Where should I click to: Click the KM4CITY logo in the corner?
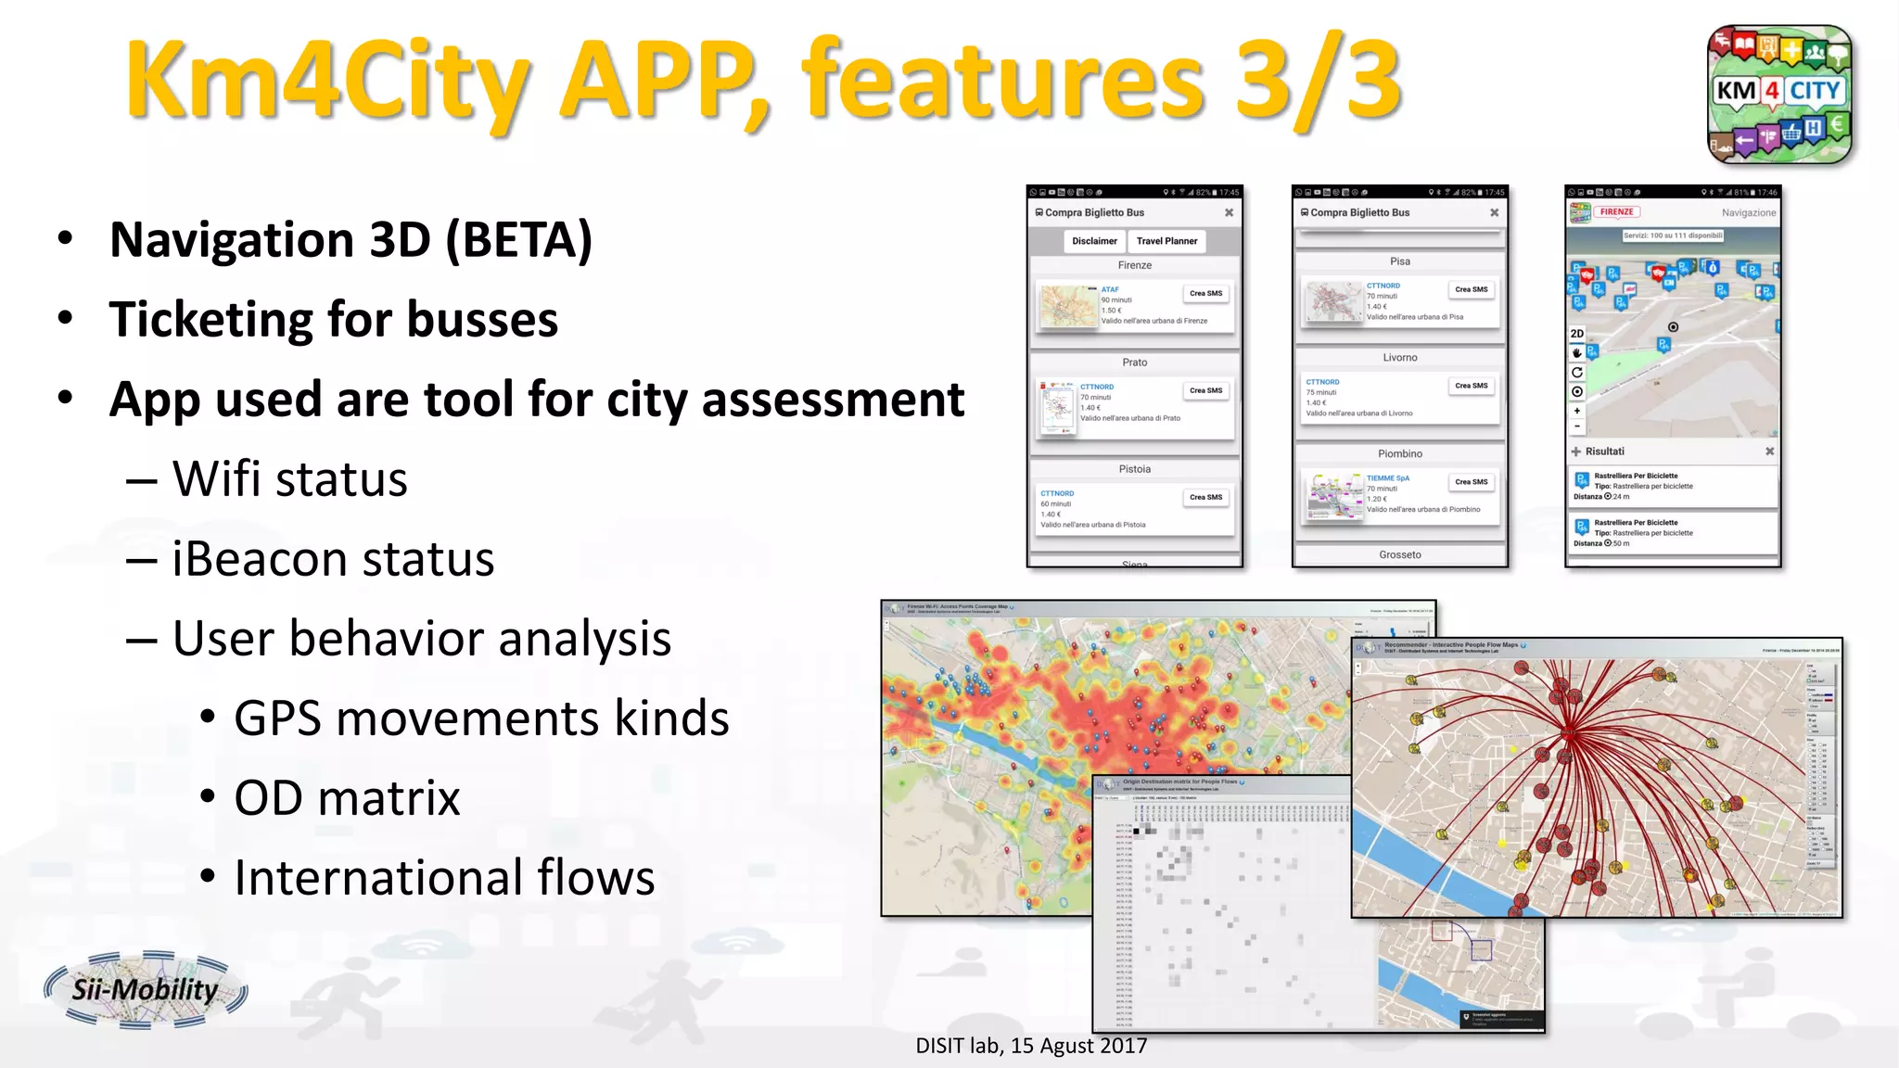[1779, 95]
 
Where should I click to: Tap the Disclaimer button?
[1094, 241]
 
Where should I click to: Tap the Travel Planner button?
[1166, 241]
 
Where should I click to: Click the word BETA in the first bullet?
[517, 240]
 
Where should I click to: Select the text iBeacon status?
[333, 559]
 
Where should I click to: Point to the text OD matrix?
[347, 798]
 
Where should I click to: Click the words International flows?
[444, 878]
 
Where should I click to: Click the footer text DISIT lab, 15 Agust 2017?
[1031, 1046]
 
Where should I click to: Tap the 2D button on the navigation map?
[1577, 334]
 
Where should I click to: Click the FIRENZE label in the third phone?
[1616, 212]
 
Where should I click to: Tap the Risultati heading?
[1604, 451]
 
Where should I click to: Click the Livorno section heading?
[1399, 358]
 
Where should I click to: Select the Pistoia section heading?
[1134, 469]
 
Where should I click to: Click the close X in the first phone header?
[1229, 213]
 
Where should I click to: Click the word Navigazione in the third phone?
[1749, 213]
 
